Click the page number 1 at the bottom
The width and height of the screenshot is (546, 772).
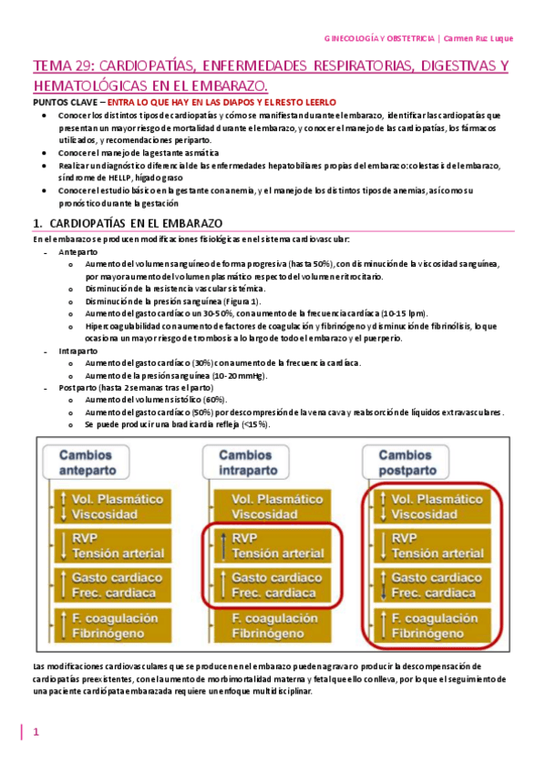click(x=36, y=732)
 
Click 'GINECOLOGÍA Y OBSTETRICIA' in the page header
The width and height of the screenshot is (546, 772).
click(x=379, y=38)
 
